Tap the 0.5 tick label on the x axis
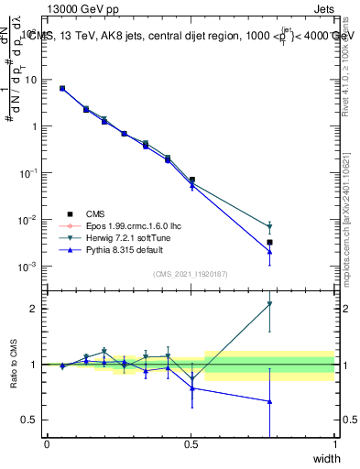[191, 445]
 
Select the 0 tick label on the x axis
[47, 445]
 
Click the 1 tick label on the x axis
[335, 445]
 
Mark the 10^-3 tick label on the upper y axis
[29, 267]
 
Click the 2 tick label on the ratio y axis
[36, 309]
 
